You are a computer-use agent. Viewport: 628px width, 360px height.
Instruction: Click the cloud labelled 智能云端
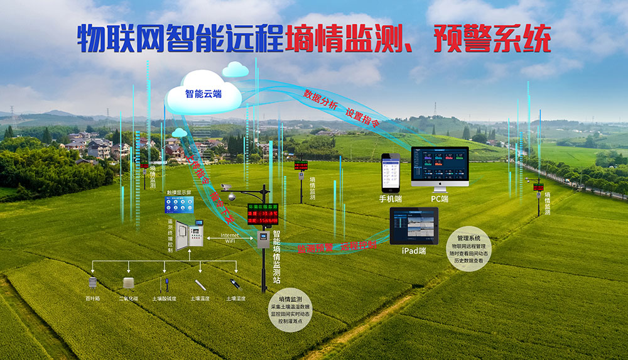(x=203, y=94)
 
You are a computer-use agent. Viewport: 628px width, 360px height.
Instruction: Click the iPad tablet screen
(x=414, y=226)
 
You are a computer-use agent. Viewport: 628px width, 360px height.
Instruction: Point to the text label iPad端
(x=413, y=251)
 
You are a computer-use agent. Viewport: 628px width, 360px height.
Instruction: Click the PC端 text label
(x=440, y=199)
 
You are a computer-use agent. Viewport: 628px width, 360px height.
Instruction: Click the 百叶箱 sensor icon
(x=93, y=285)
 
